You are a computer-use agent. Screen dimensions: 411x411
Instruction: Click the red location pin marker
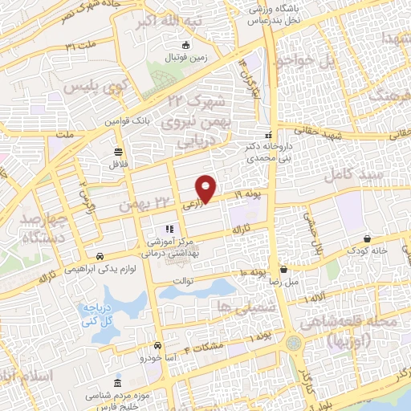[x=207, y=188]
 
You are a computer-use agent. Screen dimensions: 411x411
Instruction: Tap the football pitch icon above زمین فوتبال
[x=186, y=45]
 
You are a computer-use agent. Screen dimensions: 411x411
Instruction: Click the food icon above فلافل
[x=119, y=151]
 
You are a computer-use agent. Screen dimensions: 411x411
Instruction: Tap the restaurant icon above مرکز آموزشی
[x=169, y=229]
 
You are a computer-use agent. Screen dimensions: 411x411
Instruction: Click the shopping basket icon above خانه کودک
[x=367, y=238]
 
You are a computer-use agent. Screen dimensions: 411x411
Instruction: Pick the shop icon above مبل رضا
[x=284, y=271]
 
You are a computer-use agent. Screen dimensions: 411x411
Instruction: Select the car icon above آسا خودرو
[x=158, y=344]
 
